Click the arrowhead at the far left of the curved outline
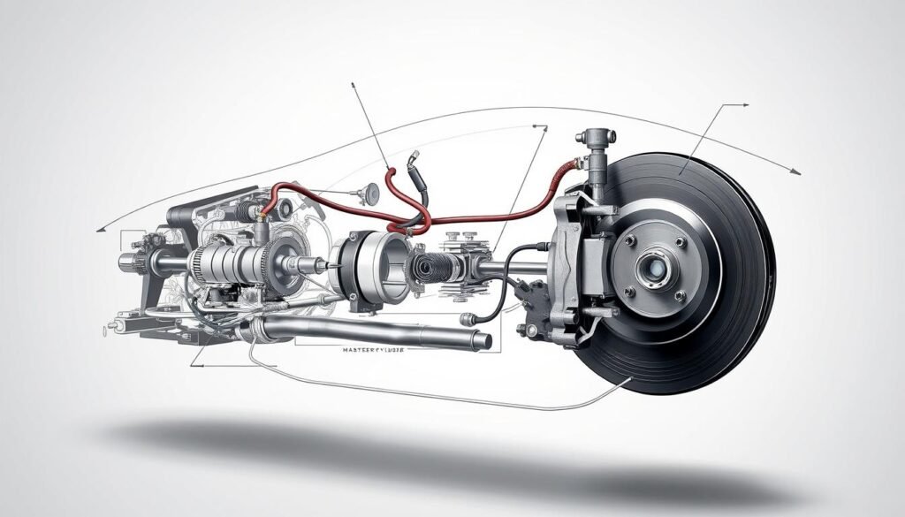(100, 229)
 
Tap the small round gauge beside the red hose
(368, 191)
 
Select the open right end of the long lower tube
(483, 339)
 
